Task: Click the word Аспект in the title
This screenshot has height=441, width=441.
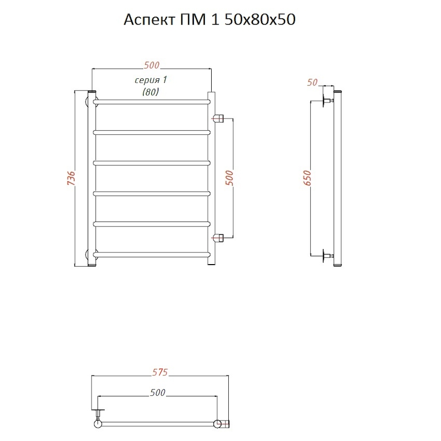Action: point(149,20)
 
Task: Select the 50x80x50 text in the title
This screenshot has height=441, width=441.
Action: point(260,20)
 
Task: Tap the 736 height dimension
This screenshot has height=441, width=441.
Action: point(72,178)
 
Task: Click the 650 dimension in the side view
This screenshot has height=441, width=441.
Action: point(307,178)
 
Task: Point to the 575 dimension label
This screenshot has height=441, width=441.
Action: point(160,372)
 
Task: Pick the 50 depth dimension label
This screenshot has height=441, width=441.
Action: point(312,82)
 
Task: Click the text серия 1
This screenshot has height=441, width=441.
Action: point(151,80)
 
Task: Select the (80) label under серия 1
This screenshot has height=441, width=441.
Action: point(151,92)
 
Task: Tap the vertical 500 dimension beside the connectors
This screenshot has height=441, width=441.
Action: point(229,178)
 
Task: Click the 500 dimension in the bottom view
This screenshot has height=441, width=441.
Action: point(157,392)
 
